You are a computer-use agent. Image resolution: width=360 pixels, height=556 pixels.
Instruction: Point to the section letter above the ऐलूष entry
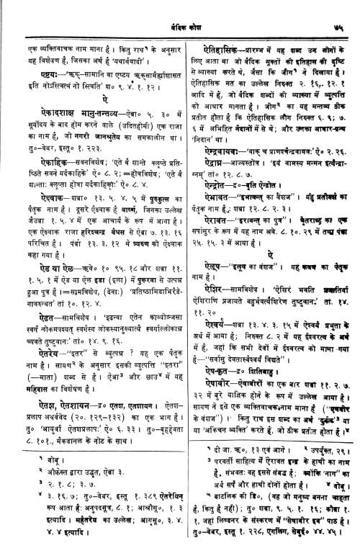coord(272,242)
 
